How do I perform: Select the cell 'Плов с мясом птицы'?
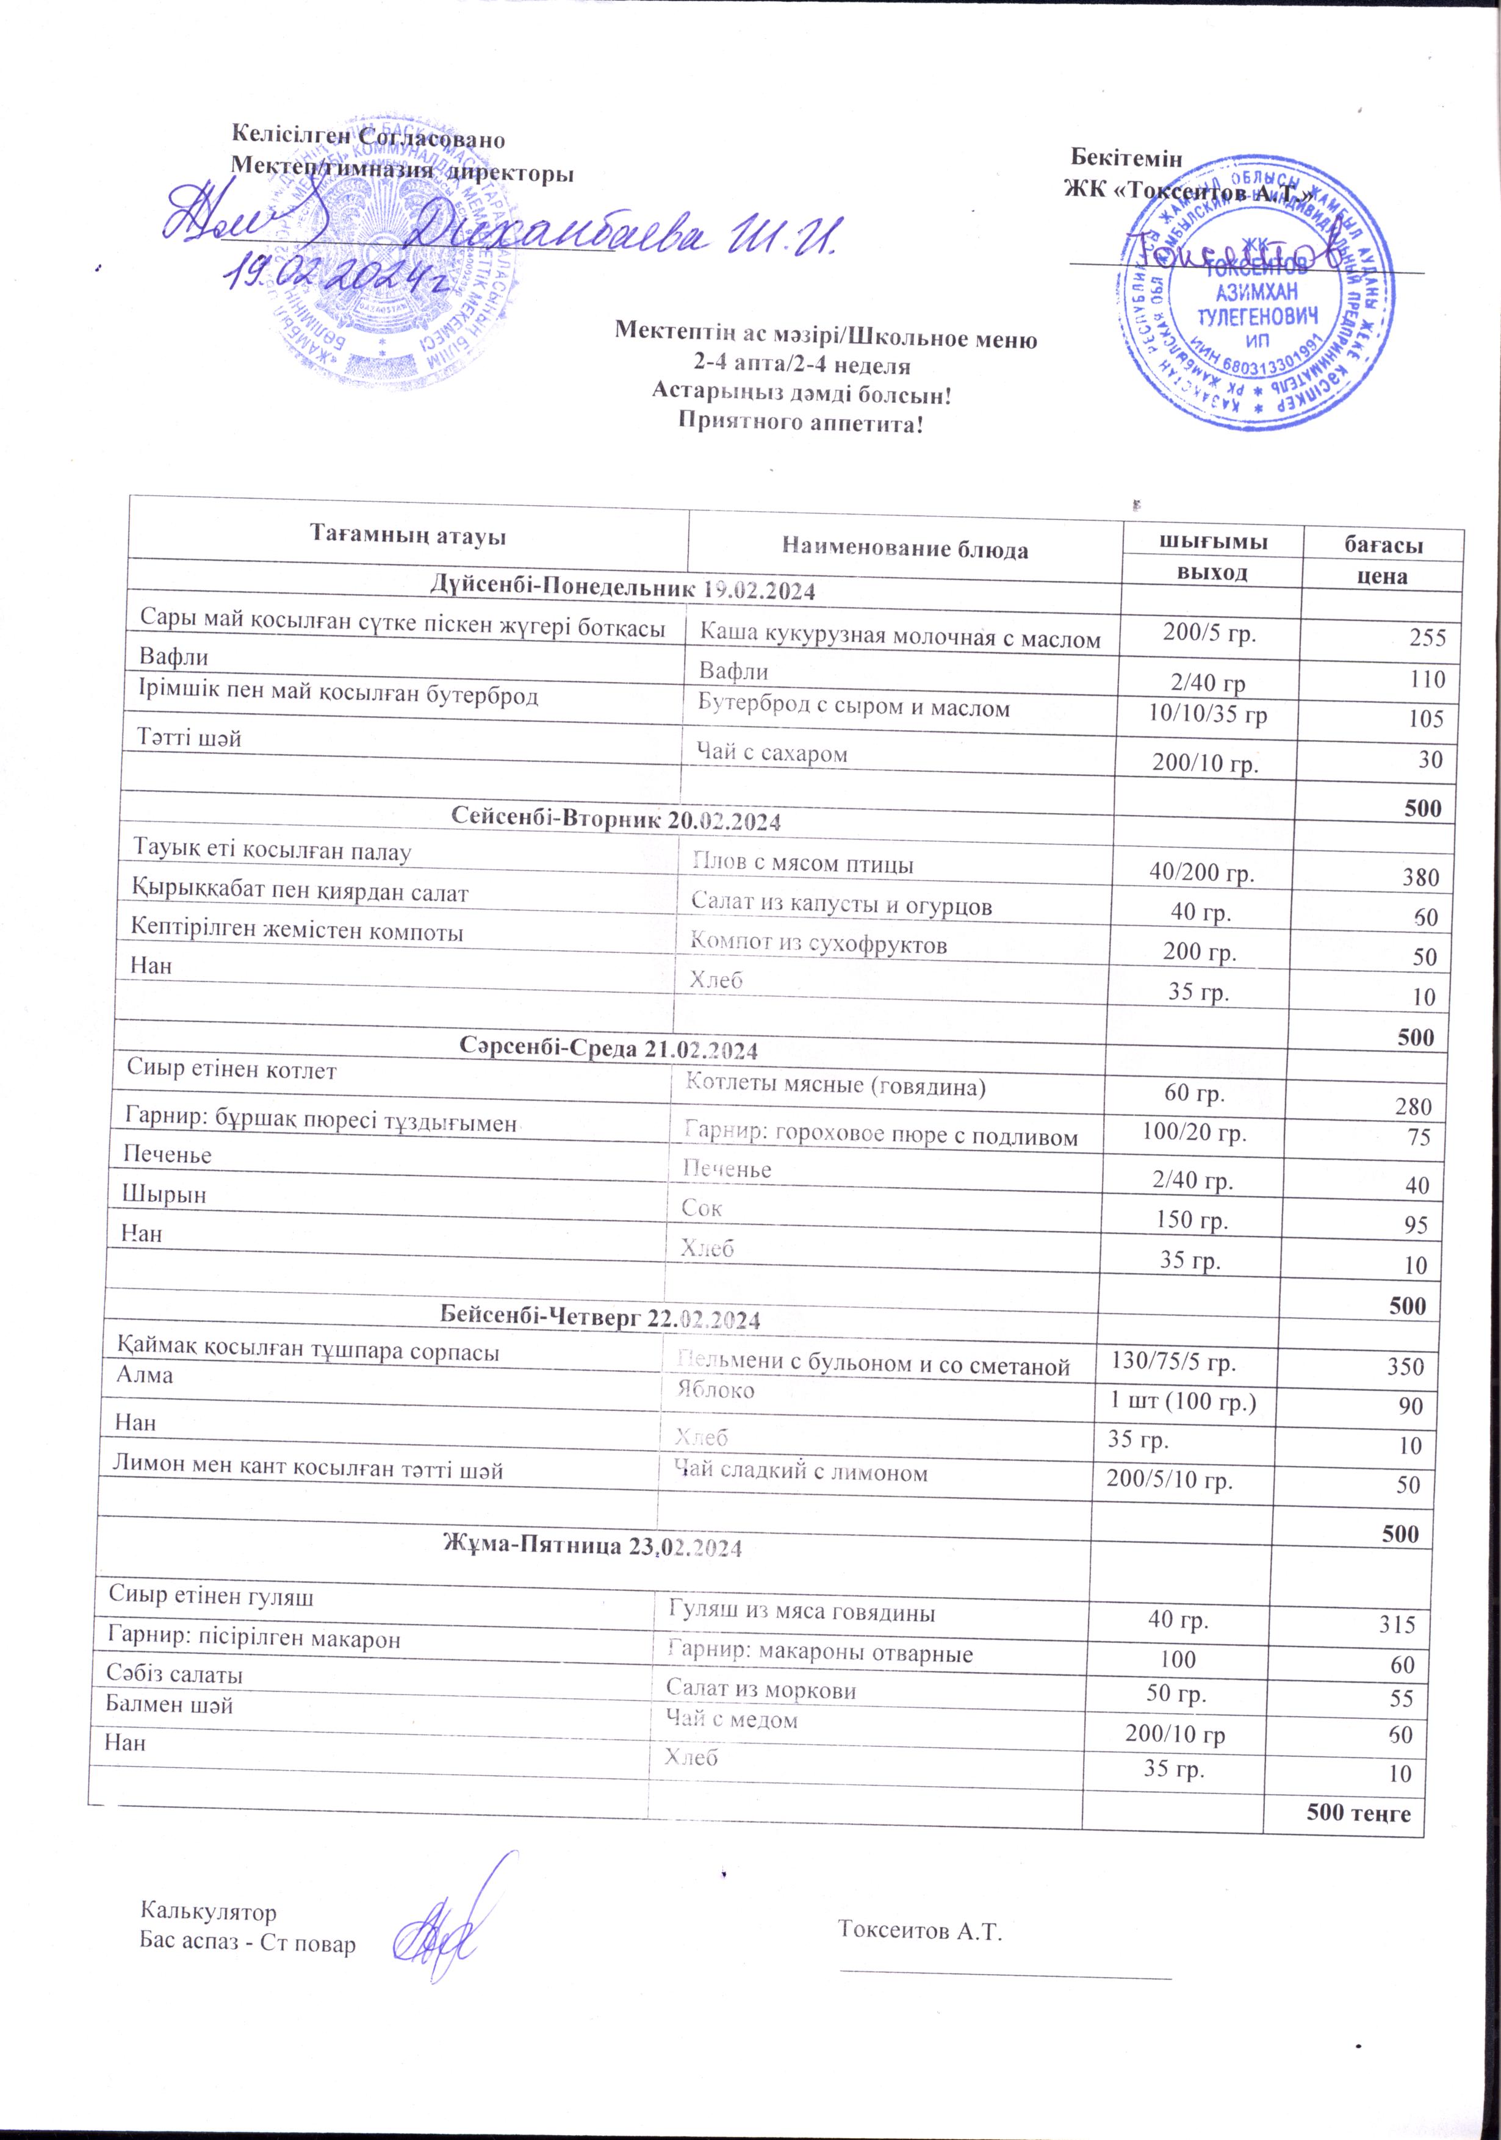point(802,863)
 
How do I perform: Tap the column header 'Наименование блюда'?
point(904,549)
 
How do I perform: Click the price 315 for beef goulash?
point(1397,1624)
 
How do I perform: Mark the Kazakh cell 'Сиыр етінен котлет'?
point(231,1070)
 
